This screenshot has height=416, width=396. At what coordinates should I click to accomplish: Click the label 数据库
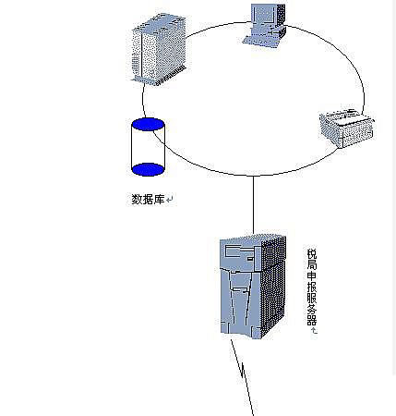pyautogui.click(x=148, y=199)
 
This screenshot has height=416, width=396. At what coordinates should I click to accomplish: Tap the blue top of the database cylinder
pyautogui.click(x=148, y=125)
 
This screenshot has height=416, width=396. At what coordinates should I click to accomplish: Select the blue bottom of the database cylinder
pyautogui.click(x=148, y=169)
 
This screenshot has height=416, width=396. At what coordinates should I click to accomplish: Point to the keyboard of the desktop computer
pyautogui.click(x=259, y=41)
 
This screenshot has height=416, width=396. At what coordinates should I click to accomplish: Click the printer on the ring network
pyautogui.click(x=347, y=128)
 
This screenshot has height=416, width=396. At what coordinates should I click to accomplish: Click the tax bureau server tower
pyautogui.click(x=253, y=287)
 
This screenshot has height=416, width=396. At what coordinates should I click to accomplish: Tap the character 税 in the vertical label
pyautogui.click(x=312, y=254)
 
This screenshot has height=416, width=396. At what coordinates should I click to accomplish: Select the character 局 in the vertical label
pyautogui.click(x=312, y=265)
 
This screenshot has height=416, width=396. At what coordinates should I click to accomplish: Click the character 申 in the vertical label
pyautogui.click(x=312, y=276)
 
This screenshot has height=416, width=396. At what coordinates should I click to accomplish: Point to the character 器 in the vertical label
pyautogui.click(x=312, y=321)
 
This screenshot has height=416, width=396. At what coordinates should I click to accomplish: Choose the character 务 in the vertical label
pyautogui.click(x=312, y=310)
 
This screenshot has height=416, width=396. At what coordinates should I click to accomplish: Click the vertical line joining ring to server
pyautogui.click(x=253, y=204)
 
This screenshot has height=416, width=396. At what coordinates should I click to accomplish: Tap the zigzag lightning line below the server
pyautogui.click(x=243, y=377)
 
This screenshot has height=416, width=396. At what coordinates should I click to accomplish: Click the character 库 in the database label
pyautogui.click(x=160, y=199)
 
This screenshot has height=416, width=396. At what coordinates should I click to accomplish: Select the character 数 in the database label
pyautogui.click(x=137, y=199)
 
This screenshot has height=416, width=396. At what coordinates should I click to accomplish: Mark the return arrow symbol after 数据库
pyautogui.click(x=170, y=200)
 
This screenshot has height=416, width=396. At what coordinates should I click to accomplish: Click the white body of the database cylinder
pyautogui.click(x=148, y=147)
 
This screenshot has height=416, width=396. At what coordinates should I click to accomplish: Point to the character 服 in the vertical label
pyautogui.click(x=312, y=299)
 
